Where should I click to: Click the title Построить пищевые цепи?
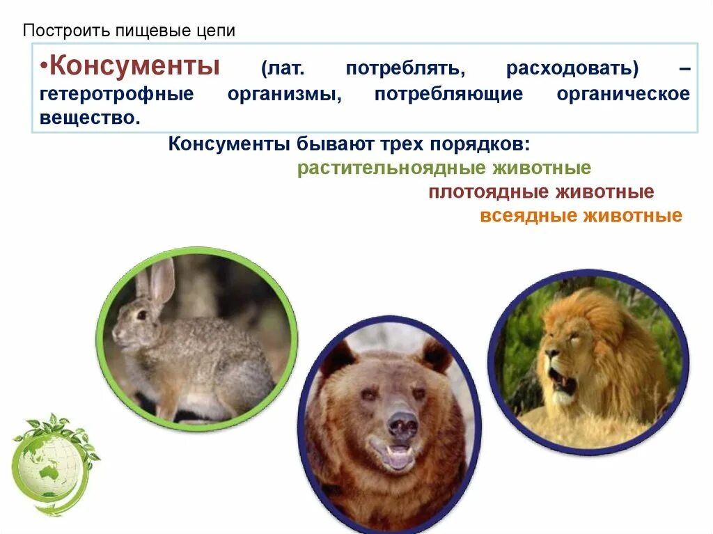pyautogui.click(x=129, y=31)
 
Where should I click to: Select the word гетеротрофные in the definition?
pyautogui.click(x=116, y=95)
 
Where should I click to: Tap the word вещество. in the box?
pyautogui.click(x=90, y=119)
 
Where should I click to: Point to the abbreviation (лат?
pyautogui.click(x=283, y=70)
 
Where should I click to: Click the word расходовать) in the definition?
pyautogui.click(x=572, y=70)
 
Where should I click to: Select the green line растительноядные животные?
pyautogui.click(x=444, y=168)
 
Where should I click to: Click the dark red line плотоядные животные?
pyautogui.click(x=541, y=192)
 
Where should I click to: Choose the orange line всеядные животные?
pyautogui.click(x=581, y=216)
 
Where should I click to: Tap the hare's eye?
pyautogui.click(x=141, y=315)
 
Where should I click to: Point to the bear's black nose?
pyautogui.click(x=402, y=424)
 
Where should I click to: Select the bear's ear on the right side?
pyautogui.click(x=436, y=356)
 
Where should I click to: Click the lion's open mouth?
pyautogui.click(x=562, y=382)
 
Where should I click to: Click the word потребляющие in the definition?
pyautogui.click(x=448, y=95)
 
